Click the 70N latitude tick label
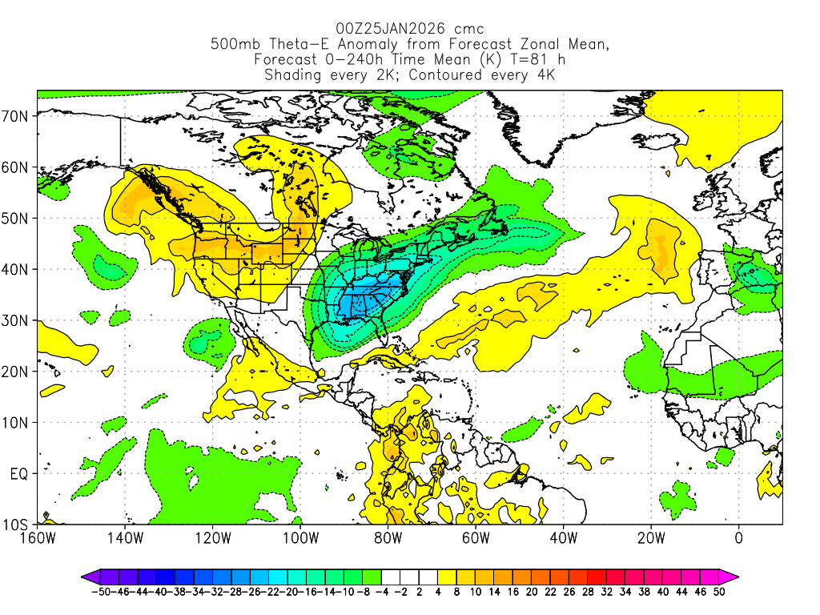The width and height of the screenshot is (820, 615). point(17,116)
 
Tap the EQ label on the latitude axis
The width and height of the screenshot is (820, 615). point(19,474)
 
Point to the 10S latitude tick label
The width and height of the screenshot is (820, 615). point(17,525)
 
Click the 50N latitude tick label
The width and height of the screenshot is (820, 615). point(17,219)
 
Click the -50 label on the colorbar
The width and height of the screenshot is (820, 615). point(100,592)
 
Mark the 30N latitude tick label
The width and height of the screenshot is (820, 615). point(17,321)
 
